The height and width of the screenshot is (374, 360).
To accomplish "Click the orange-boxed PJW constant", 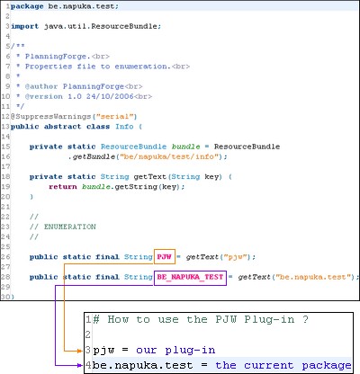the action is (x=165, y=257).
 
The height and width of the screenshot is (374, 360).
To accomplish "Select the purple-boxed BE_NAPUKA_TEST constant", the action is (x=190, y=277).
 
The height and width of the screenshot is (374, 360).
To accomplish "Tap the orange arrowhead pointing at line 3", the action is (x=79, y=351).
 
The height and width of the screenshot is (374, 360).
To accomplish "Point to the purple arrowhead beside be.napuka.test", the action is (x=79, y=365).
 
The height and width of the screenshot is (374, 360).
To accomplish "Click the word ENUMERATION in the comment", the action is (x=70, y=227).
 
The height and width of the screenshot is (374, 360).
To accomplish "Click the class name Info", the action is (x=124, y=127).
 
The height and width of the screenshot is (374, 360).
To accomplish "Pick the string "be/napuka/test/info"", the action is (x=169, y=156).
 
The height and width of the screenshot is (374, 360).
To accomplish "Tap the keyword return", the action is (x=63, y=187).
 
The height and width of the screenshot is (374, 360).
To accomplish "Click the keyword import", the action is (x=25, y=26).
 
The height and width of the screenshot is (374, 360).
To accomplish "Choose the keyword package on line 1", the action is (x=27, y=6).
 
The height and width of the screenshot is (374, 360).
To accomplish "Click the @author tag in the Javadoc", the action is (x=41, y=86).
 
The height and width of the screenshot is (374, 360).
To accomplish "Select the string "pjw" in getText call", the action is (x=235, y=257).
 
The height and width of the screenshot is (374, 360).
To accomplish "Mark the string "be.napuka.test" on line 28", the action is (x=313, y=277).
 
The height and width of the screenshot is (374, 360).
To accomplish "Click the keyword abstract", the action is (x=63, y=127).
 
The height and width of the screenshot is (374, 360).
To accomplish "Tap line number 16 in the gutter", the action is (x=5, y=156).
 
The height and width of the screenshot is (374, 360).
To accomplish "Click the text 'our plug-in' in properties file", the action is (x=175, y=351).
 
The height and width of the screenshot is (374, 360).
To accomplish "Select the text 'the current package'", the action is (x=283, y=366).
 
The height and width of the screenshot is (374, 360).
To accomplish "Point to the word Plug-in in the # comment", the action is (x=269, y=320).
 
